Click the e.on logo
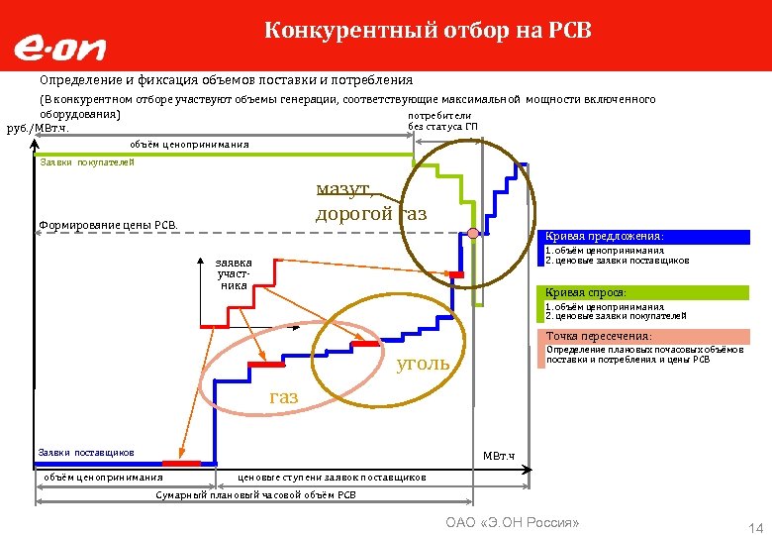coord(59,47)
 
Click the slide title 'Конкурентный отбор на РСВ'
coord(428,31)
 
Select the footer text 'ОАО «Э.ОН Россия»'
coord(512,522)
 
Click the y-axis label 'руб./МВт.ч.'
coord(39,128)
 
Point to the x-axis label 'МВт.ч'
coord(499,456)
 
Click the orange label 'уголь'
coord(423,364)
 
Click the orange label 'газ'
coord(283,397)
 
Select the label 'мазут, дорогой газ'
coord(371,201)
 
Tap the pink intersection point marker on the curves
coord(473,233)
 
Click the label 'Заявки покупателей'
coord(86,162)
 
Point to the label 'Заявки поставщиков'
coord(86,453)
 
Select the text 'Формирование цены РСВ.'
coord(108,225)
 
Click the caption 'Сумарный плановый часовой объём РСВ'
coord(256,494)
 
